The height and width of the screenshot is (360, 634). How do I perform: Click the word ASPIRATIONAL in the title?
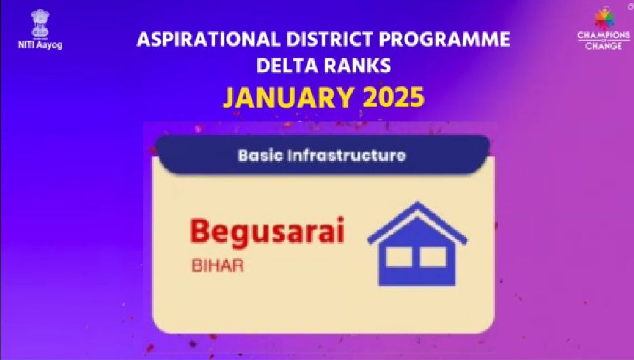209,39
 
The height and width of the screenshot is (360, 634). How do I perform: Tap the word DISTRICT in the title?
329,39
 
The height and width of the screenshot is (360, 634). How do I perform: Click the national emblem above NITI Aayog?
40,24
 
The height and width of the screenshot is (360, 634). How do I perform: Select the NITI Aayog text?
40,45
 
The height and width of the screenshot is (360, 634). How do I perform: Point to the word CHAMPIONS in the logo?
604,36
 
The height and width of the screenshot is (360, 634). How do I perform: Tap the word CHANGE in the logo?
604,45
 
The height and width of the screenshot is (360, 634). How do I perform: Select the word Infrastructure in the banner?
346,155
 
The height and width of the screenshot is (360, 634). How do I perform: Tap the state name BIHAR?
218,266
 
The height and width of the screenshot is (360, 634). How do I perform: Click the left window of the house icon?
399,257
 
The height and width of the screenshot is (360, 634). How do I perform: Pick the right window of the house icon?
432,257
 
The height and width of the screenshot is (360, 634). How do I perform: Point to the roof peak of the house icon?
417,203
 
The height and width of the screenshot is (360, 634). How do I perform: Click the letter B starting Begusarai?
200,230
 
